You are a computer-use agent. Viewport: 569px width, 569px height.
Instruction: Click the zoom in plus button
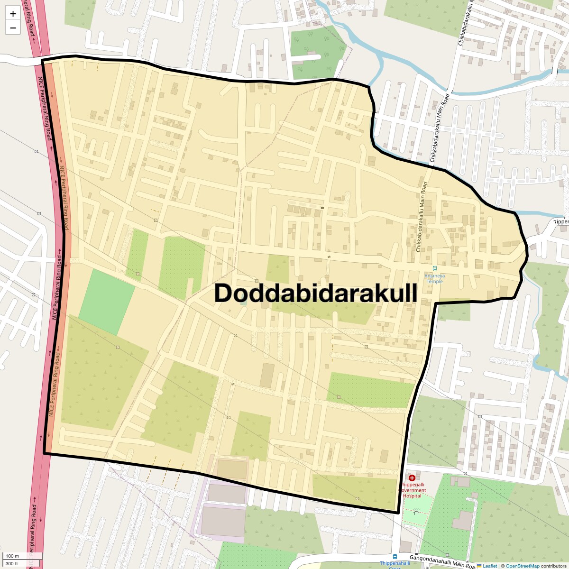[x=13, y=14]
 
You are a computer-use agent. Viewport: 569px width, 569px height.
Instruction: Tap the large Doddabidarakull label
[x=316, y=293]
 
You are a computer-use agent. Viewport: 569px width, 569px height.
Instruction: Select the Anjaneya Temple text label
[x=434, y=278]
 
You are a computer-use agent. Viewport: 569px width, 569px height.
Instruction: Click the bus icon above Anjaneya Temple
[x=435, y=268]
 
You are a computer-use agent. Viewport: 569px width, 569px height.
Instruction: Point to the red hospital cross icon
[x=412, y=477]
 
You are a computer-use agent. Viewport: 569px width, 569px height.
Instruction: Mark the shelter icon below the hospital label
[x=416, y=512]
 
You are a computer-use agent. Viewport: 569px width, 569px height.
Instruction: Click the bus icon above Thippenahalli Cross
[x=395, y=556]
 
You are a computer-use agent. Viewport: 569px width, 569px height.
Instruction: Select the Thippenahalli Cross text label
[x=395, y=564]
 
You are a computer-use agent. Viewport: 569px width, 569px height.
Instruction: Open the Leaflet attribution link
[x=490, y=566]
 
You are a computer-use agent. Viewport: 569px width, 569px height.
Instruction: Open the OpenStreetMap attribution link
[x=522, y=566]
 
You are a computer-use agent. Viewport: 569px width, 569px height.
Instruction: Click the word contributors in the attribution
[x=553, y=566]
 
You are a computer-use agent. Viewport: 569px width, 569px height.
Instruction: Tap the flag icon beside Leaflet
[x=479, y=566]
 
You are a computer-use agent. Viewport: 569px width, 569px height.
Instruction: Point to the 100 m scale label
[x=13, y=556]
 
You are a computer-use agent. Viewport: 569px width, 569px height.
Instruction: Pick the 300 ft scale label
[x=12, y=564]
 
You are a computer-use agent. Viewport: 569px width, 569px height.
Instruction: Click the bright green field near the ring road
[x=107, y=302]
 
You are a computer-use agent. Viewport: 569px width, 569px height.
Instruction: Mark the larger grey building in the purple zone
[x=224, y=521]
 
